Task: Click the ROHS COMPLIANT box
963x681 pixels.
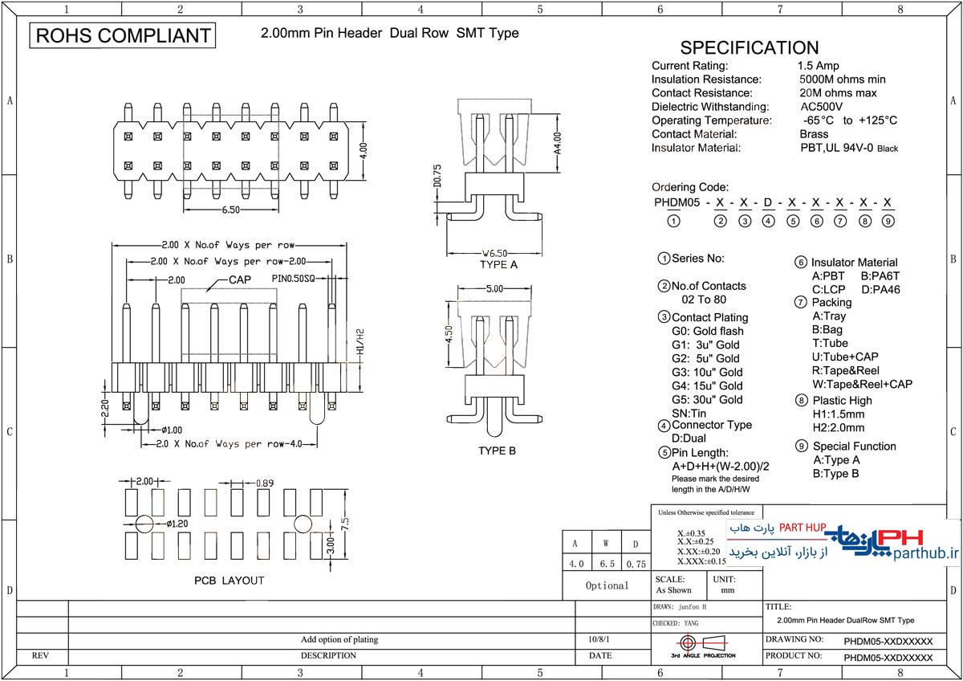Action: [x=123, y=35]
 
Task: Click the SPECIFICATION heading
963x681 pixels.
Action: [x=749, y=47]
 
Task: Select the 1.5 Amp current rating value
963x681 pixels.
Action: [x=818, y=66]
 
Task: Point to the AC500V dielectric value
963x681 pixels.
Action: [x=821, y=107]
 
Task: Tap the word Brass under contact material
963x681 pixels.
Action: [x=814, y=134]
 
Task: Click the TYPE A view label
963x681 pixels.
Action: [x=498, y=264]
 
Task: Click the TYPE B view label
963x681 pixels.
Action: [x=498, y=451]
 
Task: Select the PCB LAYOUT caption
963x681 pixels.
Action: [x=229, y=580]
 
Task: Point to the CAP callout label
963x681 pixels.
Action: [x=240, y=280]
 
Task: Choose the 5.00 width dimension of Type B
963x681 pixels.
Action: [x=494, y=287]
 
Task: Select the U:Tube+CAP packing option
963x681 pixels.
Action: [x=845, y=357]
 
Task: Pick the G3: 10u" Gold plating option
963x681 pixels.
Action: [x=707, y=372]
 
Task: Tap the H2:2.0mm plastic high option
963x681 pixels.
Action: [x=839, y=427]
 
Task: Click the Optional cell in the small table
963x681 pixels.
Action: [x=607, y=585]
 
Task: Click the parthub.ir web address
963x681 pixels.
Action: [x=925, y=553]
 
